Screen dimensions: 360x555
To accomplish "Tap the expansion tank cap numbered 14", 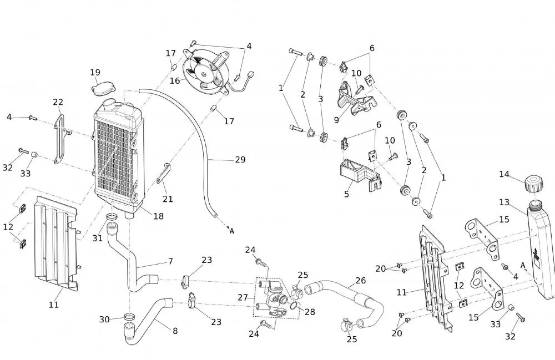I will click(x=534, y=184).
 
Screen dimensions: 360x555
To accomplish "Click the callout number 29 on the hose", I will click(x=240, y=160).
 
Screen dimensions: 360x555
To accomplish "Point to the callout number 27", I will click(x=243, y=297).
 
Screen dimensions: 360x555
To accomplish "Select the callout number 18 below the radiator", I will click(x=158, y=216).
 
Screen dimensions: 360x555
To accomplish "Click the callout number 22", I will click(x=58, y=102).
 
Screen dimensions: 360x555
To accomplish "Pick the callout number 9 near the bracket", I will click(x=336, y=119).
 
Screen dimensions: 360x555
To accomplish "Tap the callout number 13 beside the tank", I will click(x=504, y=202).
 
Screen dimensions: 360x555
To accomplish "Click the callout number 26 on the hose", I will click(x=361, y=281).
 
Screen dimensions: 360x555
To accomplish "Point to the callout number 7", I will click(x=170, y=261).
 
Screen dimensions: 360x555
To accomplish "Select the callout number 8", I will click(x=175, y=331).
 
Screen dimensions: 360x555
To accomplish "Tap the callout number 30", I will click(x=105, y=319).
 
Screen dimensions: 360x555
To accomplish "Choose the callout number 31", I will click(x=97, y=239).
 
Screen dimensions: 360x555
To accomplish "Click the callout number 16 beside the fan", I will click(x=175, y=80).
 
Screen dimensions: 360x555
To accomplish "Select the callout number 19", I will click(x=95, y=72).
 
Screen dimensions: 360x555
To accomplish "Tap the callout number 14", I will click(x=504, y=174).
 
